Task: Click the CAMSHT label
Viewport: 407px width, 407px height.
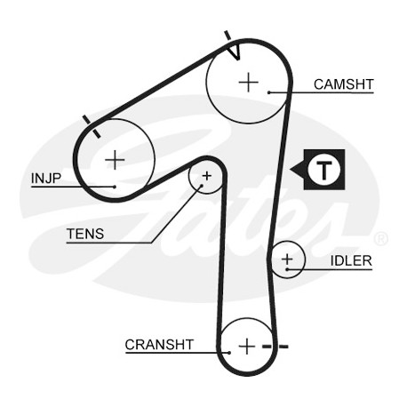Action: [343, 84]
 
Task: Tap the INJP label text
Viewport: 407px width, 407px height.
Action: [46, 179]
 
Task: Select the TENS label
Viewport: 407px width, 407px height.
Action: [85, 234]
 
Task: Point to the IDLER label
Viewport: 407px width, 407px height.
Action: [351, 260]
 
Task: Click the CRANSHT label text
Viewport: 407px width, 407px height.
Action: [159, 345]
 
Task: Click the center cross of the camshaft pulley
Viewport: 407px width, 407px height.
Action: [248, 82]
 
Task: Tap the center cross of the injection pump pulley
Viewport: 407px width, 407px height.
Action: [115, 160]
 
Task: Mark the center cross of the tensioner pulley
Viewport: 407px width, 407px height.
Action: [207, 176]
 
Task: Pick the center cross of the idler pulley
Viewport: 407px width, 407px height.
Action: [287, 259]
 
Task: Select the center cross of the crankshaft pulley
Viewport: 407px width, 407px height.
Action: [247, 347]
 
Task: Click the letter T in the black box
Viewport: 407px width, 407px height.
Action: [324, 171]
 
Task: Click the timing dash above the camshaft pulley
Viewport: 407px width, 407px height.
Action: [227, 35]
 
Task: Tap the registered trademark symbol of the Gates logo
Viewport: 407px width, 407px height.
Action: [380, 239]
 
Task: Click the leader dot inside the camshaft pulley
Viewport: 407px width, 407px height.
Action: [269, 92]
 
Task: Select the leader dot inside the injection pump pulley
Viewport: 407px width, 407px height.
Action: [115, 187]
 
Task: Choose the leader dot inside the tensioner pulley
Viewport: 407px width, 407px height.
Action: [202, 186]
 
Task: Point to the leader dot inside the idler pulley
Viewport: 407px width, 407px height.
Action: [287, 269]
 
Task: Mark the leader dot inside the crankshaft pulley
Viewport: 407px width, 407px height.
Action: [229, 353]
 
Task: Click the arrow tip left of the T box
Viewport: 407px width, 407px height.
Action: [290, 170]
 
